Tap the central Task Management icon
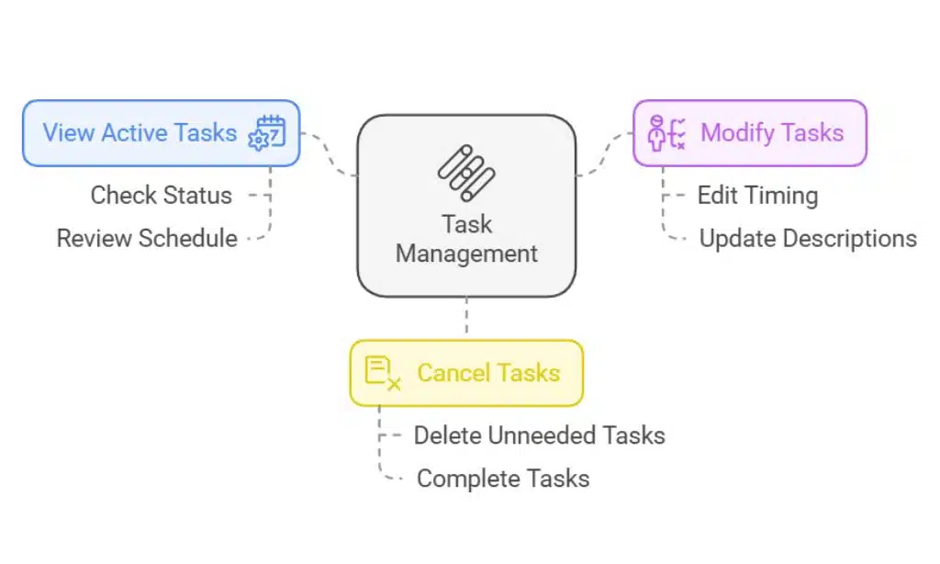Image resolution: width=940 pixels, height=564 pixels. (466, 173)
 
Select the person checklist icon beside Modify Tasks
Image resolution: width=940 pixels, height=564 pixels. (667, 133)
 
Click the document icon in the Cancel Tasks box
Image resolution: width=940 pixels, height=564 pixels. (382, 373)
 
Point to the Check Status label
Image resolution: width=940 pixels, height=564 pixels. (161, 195)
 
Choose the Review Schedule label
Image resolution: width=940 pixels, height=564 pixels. (147, 238)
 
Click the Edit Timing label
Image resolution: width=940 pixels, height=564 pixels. (757, 195)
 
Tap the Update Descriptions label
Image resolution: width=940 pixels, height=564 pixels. (808, 238)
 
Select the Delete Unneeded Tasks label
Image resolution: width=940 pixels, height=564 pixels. (539, 434)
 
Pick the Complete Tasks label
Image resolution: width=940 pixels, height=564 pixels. (503, 478)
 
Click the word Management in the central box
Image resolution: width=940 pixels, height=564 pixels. (466, 253)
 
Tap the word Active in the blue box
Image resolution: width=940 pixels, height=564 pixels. (133, 132)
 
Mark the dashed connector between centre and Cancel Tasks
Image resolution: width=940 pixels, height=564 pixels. (466, 318)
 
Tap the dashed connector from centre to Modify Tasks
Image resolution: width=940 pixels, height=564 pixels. (605, 154)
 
